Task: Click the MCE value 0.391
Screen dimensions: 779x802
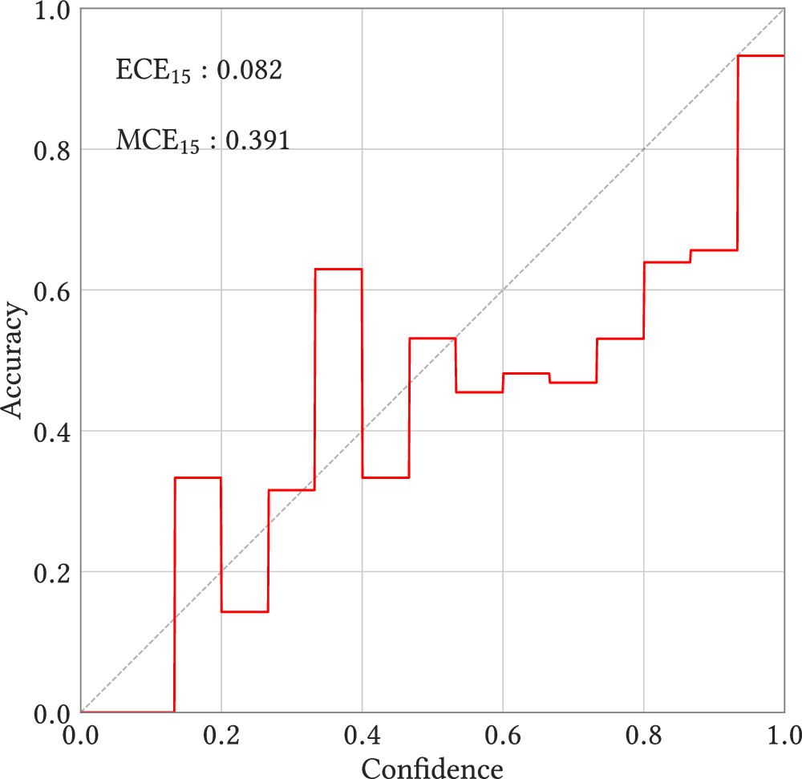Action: [x=257, y=140]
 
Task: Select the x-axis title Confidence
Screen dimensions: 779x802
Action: [x=432, y=766]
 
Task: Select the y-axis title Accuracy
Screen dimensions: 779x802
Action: [x=13, y=360]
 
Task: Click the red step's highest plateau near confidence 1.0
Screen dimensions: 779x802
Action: [x=760, y=55]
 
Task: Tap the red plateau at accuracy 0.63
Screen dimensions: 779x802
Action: [x=338, y=269]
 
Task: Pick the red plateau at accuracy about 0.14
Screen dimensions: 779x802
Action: [x=245, y=611]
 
